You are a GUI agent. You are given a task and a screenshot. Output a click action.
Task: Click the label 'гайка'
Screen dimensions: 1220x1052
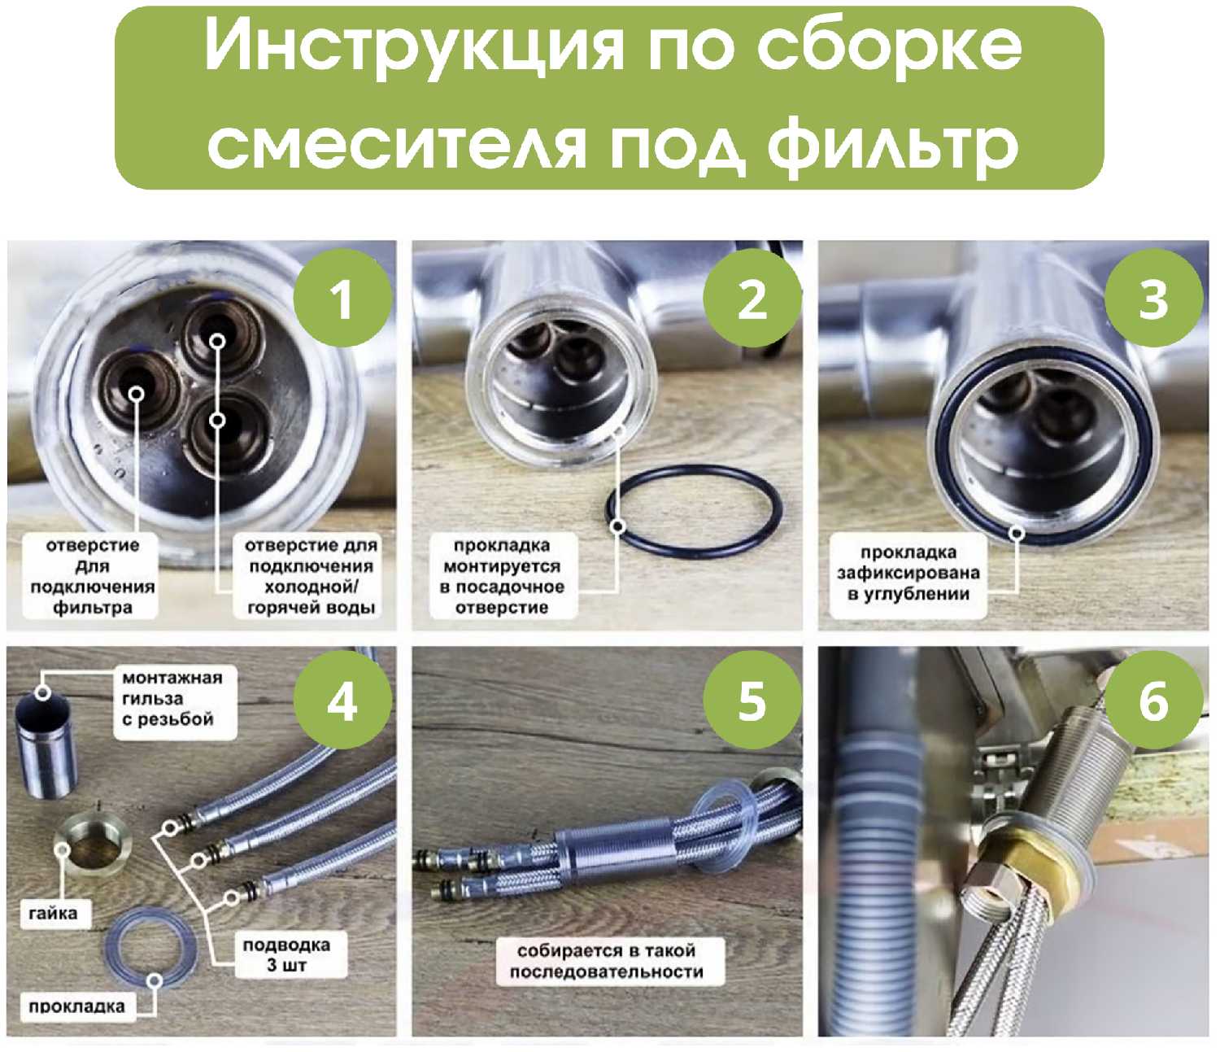coord(53,913)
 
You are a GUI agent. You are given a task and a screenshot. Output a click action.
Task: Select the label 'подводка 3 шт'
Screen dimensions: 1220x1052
coord(286,954)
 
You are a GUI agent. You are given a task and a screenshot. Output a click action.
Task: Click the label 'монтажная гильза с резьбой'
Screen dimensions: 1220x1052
coord(172,698)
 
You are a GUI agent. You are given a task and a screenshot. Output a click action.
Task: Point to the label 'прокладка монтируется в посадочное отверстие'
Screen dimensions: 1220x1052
coord(503,575)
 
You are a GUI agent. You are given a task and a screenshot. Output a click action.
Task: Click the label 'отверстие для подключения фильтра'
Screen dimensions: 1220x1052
coord(92,575)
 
